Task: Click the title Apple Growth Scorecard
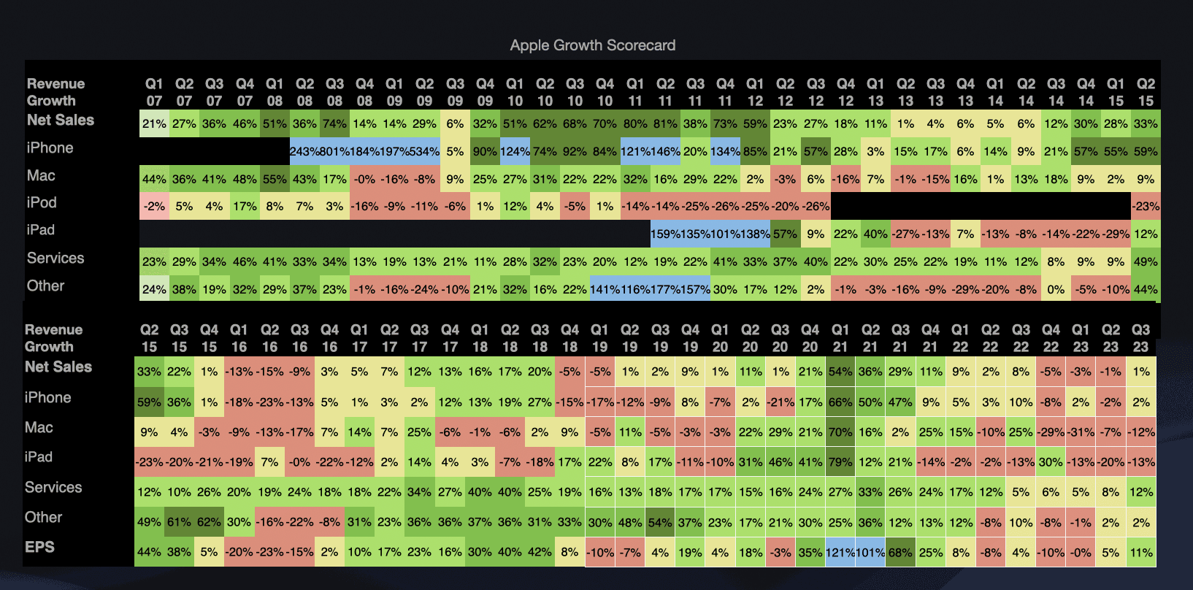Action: tap(592, 45)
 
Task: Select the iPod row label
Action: tap(42, 202)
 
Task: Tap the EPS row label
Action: tap(39, 547)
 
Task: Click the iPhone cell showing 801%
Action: tap(334, 151)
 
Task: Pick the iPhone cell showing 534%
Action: tap(424, 151)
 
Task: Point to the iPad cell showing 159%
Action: tap(665, 234)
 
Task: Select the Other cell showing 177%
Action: tap(665, 289)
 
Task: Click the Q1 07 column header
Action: tap(154, 92)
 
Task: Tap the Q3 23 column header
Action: tap(1140, 338)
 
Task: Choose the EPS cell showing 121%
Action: tap(840, 553)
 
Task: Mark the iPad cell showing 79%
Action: tap(840, 462)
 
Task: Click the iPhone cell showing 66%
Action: tap(840, 402)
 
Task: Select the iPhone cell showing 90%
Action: tap(485, 151)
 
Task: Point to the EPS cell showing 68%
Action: tap(900, 553)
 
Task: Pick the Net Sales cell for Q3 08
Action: tap(334, 123)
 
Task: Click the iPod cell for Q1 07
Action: tap(154, 207)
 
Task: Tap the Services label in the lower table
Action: tap(53, 487)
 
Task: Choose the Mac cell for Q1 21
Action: tap(840, 432)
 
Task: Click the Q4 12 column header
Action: tap(845, 92)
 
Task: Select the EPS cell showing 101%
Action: tap(870, 553)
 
